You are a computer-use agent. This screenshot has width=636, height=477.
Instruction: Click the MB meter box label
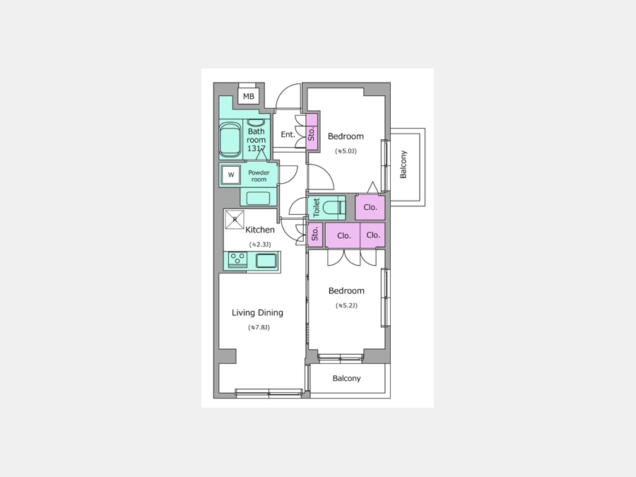[248, 97]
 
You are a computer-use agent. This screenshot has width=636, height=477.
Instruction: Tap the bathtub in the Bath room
[230, 141]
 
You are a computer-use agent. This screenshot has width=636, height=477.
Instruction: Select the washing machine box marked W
[231, 175]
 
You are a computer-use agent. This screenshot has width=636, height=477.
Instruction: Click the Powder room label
[259, 176]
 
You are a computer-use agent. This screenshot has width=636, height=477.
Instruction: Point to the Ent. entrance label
[288, 134]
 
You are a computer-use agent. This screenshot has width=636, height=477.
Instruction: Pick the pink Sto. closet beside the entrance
[312, 132]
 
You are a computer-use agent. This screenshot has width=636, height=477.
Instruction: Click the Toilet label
[317, 207]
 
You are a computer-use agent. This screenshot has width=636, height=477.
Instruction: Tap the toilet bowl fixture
[336, 207]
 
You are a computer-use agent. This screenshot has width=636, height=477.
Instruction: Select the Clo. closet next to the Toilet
[370, 207]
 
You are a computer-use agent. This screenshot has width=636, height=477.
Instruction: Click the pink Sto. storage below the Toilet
[314, 235]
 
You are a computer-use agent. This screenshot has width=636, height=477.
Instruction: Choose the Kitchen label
[260, 230]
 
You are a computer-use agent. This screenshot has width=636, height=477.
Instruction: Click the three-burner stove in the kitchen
[237, 259]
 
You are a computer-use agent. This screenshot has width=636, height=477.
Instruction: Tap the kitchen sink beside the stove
[266, 260]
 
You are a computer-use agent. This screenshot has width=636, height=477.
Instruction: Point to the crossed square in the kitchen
[235, 220]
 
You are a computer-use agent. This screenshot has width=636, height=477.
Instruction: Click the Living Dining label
[257, 313]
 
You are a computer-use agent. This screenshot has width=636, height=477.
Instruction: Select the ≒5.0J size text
[346, 151]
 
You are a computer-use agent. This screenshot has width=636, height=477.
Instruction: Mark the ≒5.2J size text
[346, 305]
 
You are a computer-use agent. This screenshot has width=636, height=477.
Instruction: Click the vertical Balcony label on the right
[404, 164]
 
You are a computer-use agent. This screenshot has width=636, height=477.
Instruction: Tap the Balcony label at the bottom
[346, 379]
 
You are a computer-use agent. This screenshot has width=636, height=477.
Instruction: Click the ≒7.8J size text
[259, 327]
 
